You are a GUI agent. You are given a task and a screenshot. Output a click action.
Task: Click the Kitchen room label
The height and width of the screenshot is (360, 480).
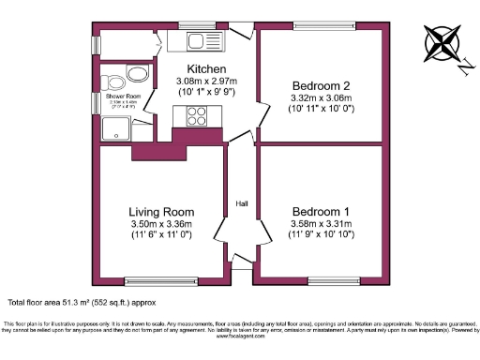click(x=205, y=70)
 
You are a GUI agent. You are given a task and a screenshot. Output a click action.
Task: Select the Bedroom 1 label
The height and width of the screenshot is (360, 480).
click(x=320, y=210)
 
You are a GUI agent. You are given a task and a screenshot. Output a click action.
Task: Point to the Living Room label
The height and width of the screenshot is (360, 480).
click(x=163, y=211)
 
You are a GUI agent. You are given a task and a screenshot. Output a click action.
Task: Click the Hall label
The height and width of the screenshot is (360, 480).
click(x=242, y=203)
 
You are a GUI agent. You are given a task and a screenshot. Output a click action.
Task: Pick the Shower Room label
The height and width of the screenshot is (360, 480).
click(x=121, y=97)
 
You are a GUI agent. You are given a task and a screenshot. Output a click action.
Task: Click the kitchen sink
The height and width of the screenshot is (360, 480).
click(x=199, y=40)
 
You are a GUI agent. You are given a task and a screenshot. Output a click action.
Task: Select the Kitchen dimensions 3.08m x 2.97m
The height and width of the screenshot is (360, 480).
click(x=205, y=82)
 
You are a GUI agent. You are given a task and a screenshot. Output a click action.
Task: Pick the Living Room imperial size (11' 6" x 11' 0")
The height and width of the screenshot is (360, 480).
click(x=163, y=235)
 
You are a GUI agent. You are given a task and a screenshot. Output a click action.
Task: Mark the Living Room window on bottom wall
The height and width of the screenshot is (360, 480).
click(x=161, y=279)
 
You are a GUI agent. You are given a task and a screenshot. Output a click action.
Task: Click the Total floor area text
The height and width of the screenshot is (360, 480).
click(x=81, y=303)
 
